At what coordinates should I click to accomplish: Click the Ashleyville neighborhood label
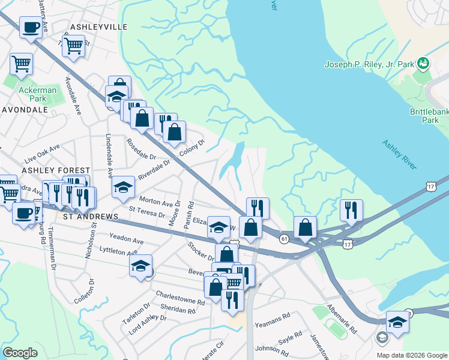coord(98,27)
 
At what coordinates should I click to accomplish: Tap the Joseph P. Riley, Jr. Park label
coord(370,64)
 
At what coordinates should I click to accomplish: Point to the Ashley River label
coord(399,155)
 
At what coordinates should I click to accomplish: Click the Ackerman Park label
coord(37,94)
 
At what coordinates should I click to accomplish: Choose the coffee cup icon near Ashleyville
coord(31,27)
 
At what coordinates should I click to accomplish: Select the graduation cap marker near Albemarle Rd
coord(397,322)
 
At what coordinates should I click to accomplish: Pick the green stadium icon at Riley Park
coord(423,63)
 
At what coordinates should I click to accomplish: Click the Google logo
coord(20,353)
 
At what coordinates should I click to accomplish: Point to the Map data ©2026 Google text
coord(411,355)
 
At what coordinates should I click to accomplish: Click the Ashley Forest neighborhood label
coord(56,171)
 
